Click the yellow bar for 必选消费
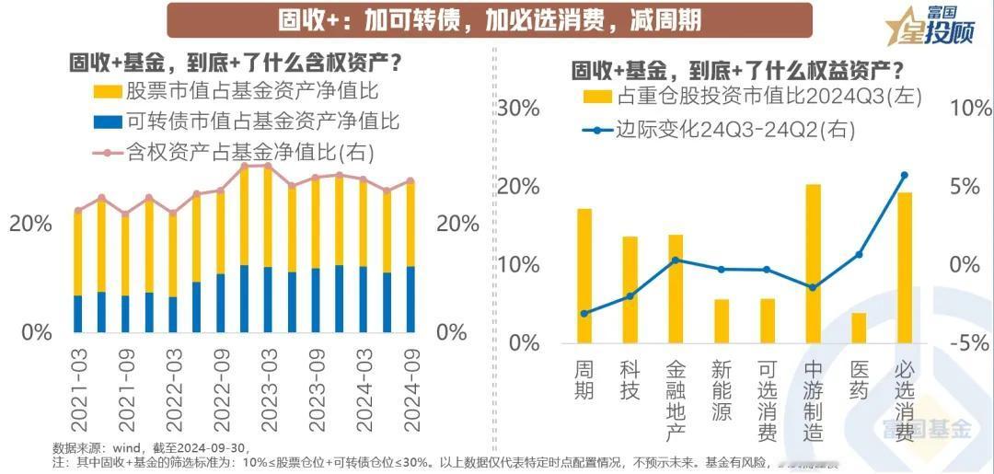pyautogui.click(x=906, y=267)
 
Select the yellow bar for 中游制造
pyautogui.click(x=814, y=263)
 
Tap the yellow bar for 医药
pyautogui.click(x=859, y=328)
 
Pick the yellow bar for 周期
pyautogui.click(x=584, y=275)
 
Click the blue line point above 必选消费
pyautogui.click(x=905, y=175)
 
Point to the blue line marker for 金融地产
pyautogui.click(x=676, y=260)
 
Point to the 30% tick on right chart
pyautogui.click(x=519, y=109)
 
